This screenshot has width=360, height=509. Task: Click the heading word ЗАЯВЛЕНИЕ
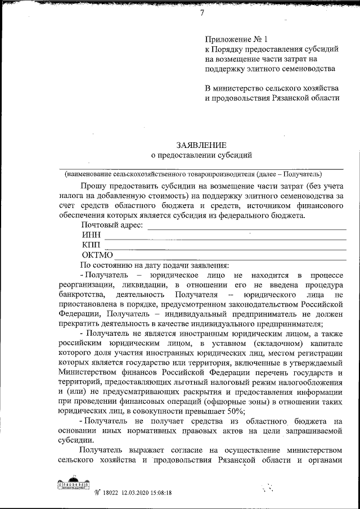(201, 145)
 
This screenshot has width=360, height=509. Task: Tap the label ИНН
(91, 235)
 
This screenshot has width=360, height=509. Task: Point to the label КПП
(91, 245)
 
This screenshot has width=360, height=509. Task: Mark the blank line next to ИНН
(225, 238)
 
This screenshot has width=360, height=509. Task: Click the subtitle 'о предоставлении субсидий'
(201, 155)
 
